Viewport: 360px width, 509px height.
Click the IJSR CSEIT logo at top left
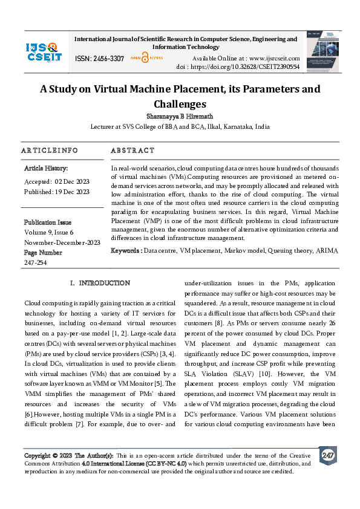(44, 51)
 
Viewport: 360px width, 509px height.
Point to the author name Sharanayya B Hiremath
(180, 115)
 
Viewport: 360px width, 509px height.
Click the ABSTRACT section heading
(133, 151)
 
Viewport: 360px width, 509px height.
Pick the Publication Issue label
(48, 222)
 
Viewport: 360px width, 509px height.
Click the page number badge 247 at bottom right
(327, 455)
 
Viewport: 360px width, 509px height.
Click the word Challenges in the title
(180, 104)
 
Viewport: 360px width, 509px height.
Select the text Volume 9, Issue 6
(49, 232)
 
